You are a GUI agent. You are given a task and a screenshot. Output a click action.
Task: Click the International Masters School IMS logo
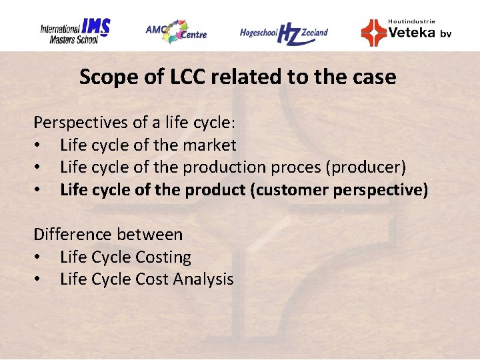tap(75, 31)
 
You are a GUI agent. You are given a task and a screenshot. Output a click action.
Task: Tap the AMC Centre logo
tap(176, 31)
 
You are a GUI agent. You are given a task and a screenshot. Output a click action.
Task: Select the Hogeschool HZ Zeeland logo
tap(284, 32)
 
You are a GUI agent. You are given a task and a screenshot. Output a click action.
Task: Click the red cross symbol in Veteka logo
tap(373, 32)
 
